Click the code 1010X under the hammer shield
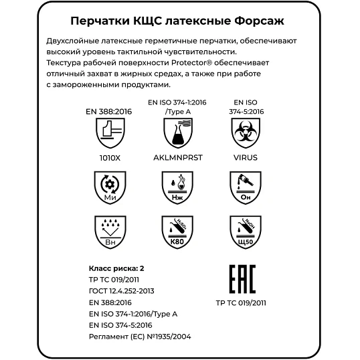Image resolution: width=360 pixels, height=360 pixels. (109, 158)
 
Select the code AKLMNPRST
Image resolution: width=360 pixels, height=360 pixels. (177, 158)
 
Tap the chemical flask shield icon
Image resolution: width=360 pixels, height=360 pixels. (177, 134)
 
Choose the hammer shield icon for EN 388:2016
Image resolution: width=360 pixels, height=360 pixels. (109, 134)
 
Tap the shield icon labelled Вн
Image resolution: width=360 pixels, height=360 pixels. (109, 231)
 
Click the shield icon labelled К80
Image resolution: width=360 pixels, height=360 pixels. (177, 231)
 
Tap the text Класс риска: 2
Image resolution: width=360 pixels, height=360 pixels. (116, 268)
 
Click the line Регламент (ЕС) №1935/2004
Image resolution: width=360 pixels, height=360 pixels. (140, 336)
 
